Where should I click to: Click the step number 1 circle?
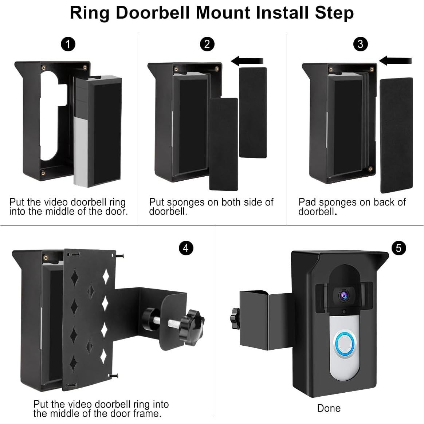pyautogui.click(x=68, y=44)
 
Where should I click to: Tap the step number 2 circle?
pyautogui.click(x=207, y=44)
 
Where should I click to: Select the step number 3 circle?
pyautogui.click(x=361, y=44)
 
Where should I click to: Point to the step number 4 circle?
pyautogui.click(x=186, y=248)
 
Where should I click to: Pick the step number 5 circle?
pyautogui.click(x=399, y=248)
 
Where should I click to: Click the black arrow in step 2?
pyautogui.click(x=247, y=61)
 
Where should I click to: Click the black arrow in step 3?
pyautogui.click(x=395, y=60)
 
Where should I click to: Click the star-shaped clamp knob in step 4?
pyautogui.click(x=192, y=327)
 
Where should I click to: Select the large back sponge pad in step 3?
pyautogui.click(x=396, y=135)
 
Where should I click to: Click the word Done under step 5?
pyautogui.click(x=329, y=408)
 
